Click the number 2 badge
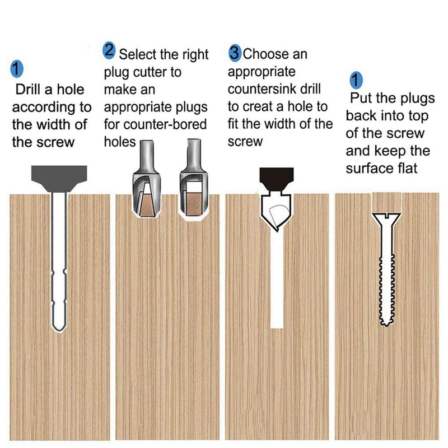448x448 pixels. pyautogui.click(x=109, y=52)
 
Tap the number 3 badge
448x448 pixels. pyautogui.click(x=235, y=54)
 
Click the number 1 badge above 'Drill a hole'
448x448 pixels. pyautogui.click(x=17, y=69)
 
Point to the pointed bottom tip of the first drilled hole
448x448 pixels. pyautogui.click(x=58, y=328)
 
